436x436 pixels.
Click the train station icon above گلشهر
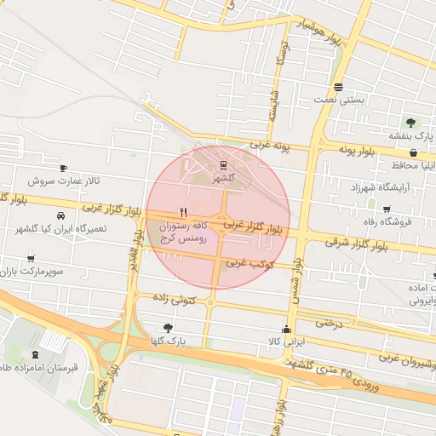pos(223,164)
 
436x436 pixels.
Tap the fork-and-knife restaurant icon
pos(182,212)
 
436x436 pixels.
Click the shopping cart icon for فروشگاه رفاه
pos(387,209)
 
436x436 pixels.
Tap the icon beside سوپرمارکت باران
pos(32,259)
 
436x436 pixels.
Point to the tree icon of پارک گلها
pos(167,327)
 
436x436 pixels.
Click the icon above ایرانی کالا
pos(286,330)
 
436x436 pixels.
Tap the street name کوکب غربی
pos(248,263)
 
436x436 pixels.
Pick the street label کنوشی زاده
pos(175,299)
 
